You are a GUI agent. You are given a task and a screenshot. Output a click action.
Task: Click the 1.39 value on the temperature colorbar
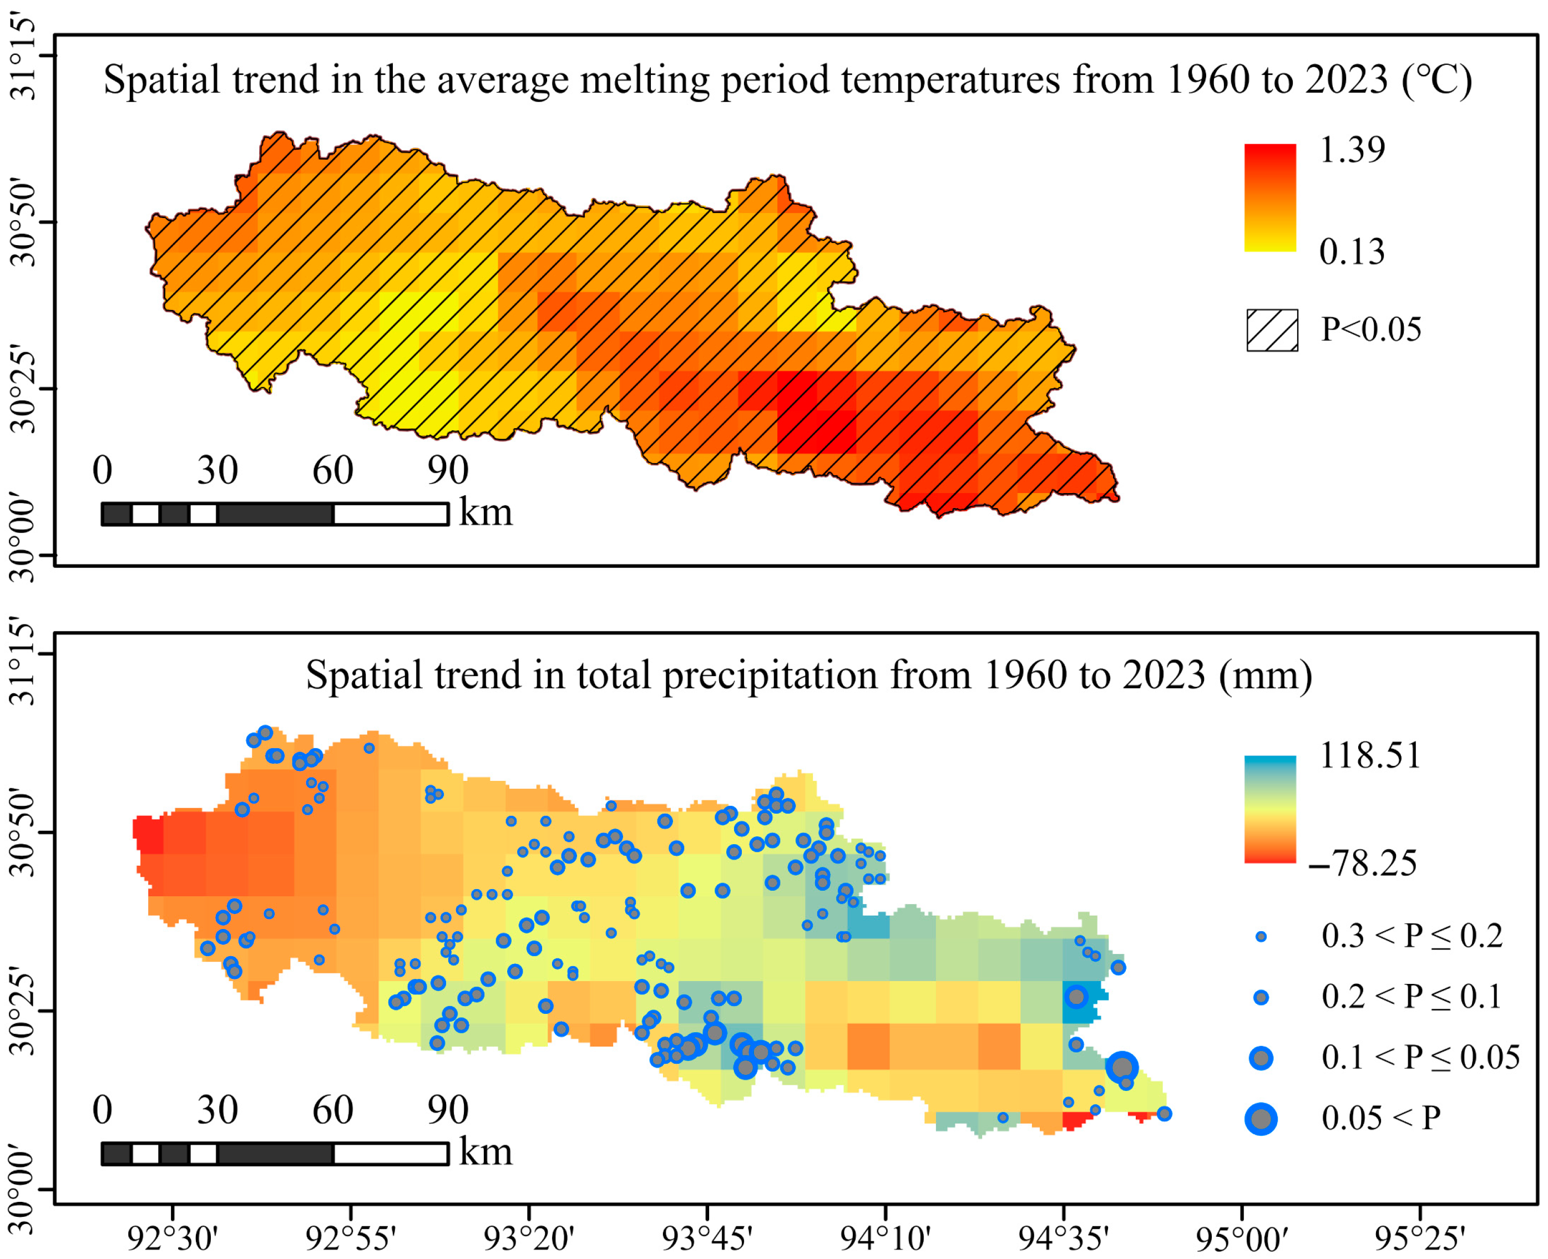point(1352,150)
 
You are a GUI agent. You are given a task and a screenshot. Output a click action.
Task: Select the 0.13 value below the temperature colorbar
point(1352,252)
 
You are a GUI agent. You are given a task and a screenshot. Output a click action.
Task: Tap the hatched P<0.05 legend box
point(1272,331)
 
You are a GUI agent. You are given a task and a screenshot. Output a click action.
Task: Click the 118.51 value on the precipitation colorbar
point(1369,756)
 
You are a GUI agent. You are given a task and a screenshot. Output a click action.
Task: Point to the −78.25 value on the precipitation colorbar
point(1362,864)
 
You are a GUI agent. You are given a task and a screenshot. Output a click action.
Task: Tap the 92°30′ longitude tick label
point(172,1238)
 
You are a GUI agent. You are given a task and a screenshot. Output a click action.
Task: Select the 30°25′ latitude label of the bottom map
point(23,1011)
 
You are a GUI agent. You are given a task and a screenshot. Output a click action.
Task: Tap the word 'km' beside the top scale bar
point(485,512)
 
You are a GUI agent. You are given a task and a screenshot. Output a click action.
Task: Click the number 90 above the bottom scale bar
point(448,1110)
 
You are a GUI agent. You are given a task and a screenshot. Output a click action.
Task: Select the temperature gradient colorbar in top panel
point(1269,197)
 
